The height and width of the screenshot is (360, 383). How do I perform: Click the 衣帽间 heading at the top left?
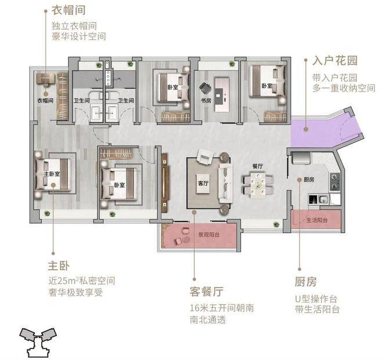pos(65,11)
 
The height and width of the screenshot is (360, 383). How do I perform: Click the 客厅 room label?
pos(197,184)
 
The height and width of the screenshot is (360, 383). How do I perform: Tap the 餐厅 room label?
pos(257,166)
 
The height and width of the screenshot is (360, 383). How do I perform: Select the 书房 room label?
pos(205,100)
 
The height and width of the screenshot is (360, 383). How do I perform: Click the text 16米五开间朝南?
pos(213,308)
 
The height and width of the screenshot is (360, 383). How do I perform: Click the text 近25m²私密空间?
pos(82,281)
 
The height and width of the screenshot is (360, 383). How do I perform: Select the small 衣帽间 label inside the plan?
pos(45,100)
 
